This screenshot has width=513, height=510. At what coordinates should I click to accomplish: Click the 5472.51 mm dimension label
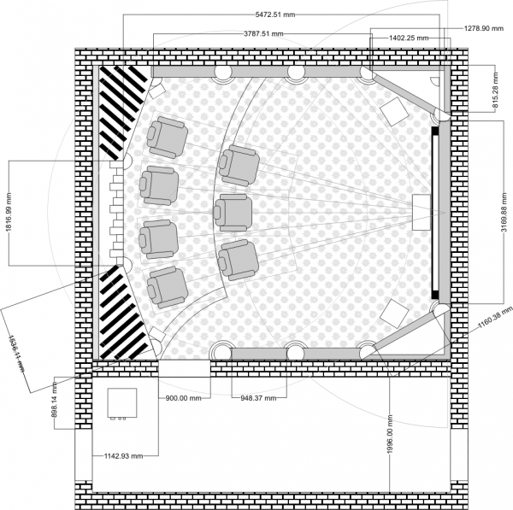(x=274, y=15)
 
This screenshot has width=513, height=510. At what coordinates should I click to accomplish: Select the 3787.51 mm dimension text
(x=263, y=33)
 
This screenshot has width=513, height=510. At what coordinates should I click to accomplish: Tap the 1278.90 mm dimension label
(x=484, y=28)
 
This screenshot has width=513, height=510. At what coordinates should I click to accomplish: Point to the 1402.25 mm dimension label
(x=409, y=38)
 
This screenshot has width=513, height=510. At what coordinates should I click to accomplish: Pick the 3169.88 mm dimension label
(x=504, y=212)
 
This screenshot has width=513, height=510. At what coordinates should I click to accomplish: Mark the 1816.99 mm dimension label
(x=9, y=213)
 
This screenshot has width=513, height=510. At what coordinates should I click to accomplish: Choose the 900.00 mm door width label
(x=183, y=398)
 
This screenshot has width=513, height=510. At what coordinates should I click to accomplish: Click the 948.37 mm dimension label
(x=258, y=398)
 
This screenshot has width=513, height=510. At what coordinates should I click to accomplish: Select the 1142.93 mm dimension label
(x=124, y=455)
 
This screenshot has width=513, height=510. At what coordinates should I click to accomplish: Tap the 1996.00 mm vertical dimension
(x=390, y=434)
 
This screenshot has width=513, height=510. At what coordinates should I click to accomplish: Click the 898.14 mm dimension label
(x=55, y=400)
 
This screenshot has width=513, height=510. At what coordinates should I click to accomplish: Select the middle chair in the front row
(x=233, y=212)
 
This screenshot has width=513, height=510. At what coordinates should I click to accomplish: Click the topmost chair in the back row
(x=168, y=138)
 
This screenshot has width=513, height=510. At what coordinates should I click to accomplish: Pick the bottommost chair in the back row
(x=168, y=287)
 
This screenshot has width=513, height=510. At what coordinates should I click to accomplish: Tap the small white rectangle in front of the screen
(x=422, y=213)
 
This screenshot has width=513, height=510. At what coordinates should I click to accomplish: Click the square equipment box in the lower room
(x=122, y=402)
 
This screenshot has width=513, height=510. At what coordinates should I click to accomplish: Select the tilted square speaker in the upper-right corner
(x=394, y=111)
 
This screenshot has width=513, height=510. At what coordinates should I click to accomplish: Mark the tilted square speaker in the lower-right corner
(x=394, y=314)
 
